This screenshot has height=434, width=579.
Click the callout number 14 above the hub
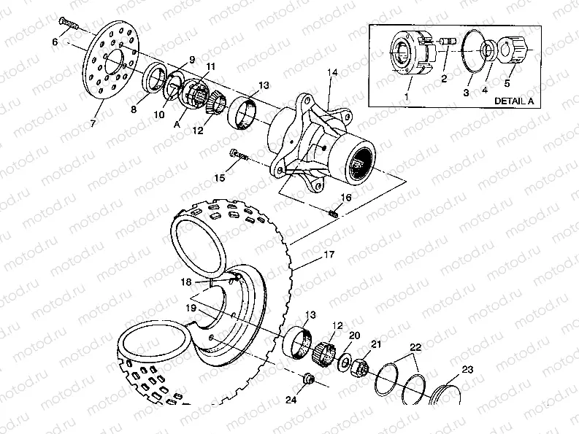click(x=332, y=72)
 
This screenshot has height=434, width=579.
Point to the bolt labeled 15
click(x=239, y=155)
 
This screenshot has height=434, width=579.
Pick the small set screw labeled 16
click(x=334, y=212)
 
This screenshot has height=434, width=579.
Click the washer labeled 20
click(x=342, y=363)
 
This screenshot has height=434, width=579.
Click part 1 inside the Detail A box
click(x=407, y=54)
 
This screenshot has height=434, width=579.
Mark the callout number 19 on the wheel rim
click(x=190, y=309)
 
